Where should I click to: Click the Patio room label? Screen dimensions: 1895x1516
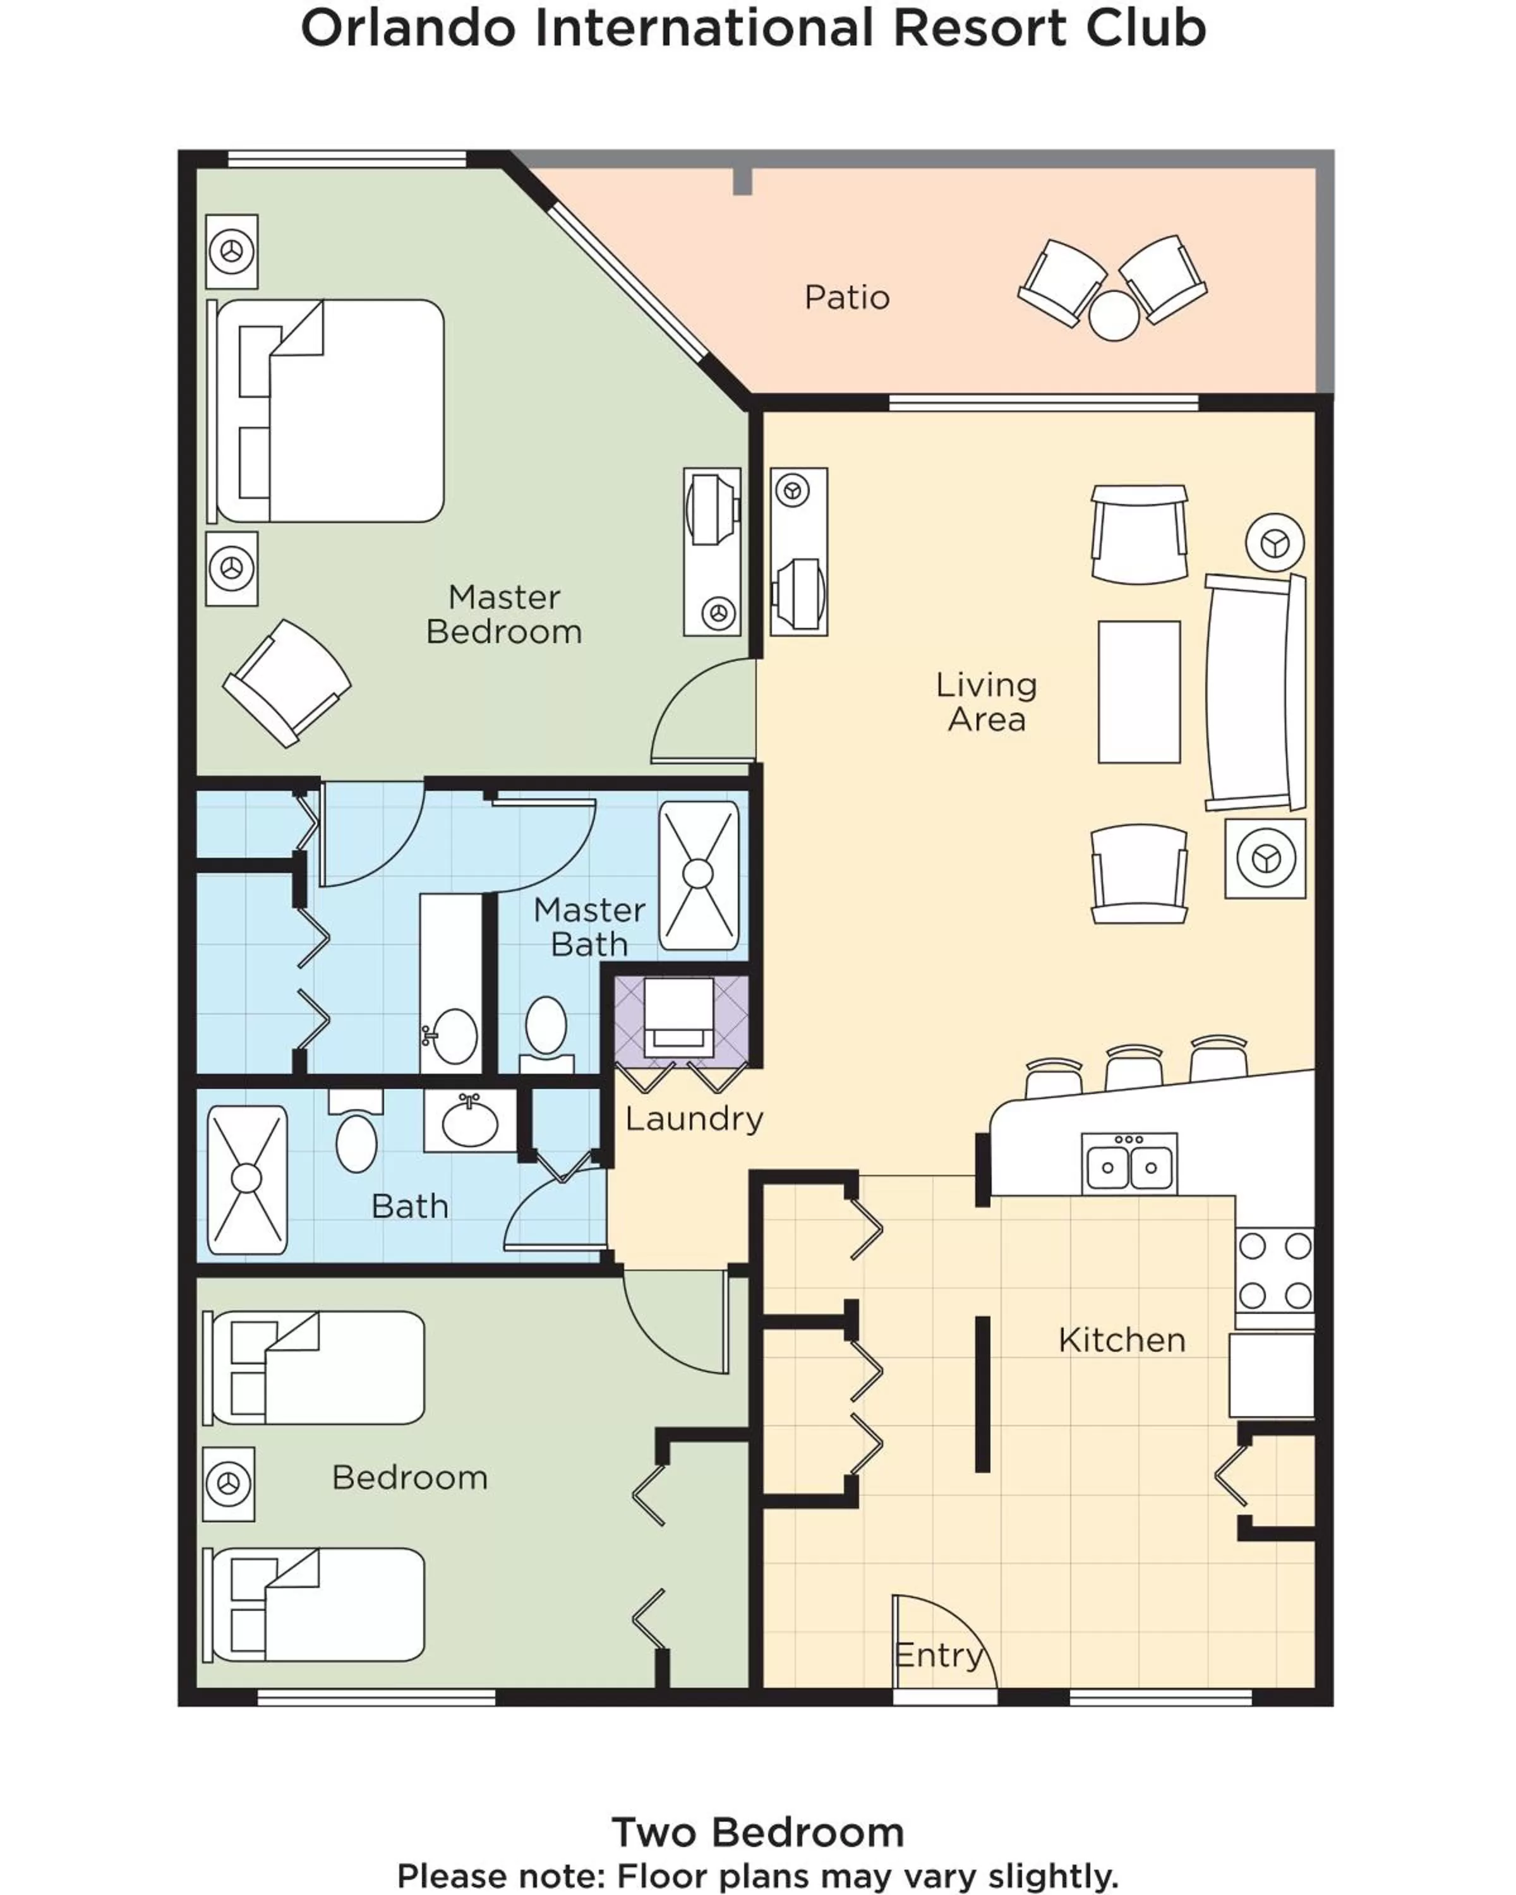pyautogui.click(x=846, y=298)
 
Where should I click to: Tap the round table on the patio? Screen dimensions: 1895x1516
pyautogui.click(x=1114, y=315)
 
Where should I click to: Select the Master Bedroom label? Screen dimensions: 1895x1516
pyautogui.click(x=503, y=615)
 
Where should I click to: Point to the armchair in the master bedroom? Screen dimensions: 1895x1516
pyautogui.click(x=287, y=682)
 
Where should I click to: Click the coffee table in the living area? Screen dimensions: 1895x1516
pyautogui.click(x=1139, y=692)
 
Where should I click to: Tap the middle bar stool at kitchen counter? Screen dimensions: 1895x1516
pyautogui.click(x=1134, y=1068)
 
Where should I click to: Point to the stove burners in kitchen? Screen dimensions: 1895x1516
pyautogui.click(x=1274, y=1271)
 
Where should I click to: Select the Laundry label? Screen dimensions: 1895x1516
pyautogui.click(x=694, y=1119)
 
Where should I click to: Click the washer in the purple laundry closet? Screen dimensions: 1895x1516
pyautogui.click(x=678, y=1017)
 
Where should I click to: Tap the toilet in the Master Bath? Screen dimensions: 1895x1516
pyautogui.click(x=546, y=1028)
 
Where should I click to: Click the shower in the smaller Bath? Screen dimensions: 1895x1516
pyautogui.click(x=247, y=1179)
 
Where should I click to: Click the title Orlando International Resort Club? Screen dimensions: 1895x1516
pyautogui.click(x=753, y=28)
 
